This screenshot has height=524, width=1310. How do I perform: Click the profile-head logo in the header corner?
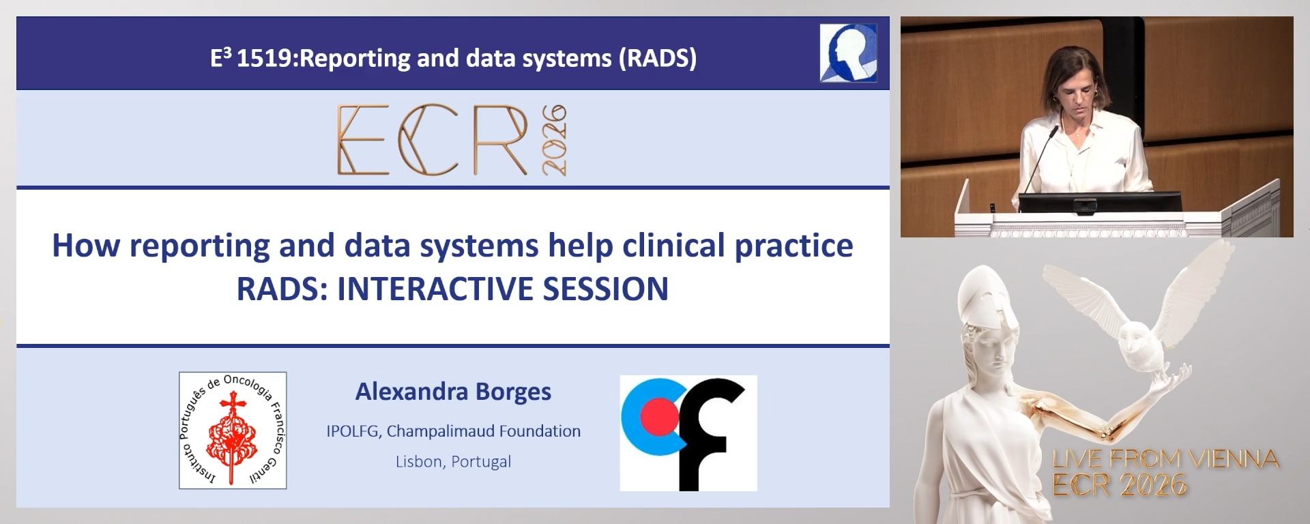(x=848, y=53)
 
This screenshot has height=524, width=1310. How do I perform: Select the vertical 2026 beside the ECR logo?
(x=554, y=140)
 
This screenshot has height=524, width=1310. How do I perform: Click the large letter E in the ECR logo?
(x=362, y=140)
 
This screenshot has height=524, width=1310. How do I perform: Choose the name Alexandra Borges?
(x=453, y=392)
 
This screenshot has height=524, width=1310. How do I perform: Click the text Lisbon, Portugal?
(x=453, y=462)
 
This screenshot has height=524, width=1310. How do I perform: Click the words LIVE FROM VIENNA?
(x=1165, y=459)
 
